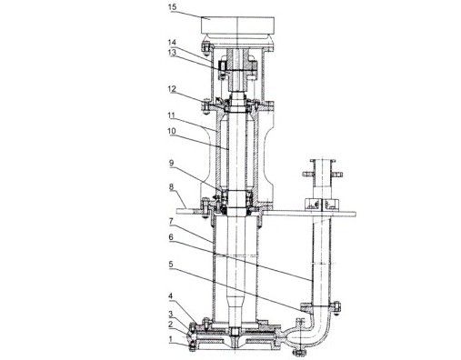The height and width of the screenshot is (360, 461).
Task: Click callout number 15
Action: tap(173, 7)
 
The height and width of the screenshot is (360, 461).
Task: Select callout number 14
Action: tap(172, 42)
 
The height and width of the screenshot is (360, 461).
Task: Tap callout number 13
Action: tap(172, 52)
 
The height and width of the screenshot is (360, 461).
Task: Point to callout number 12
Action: tap(172, 89)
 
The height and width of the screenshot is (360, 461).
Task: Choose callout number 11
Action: tap(172, 115)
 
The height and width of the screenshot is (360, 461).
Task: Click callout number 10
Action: tap(172, 131)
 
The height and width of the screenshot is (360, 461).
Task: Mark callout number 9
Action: tap(172, 164)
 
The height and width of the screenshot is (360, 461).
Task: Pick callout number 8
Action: tap(172, 186)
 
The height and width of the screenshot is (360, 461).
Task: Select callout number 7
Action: tap(171, 222)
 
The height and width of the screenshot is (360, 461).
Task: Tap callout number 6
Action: tap(171, 237)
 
